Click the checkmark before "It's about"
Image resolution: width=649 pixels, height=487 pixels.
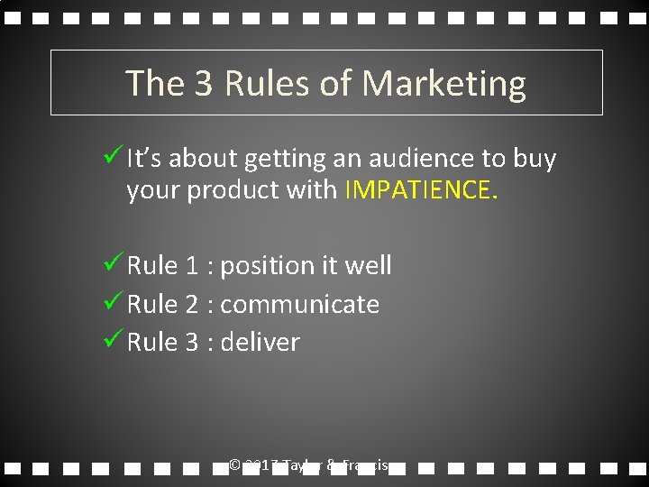(x=114, y=158)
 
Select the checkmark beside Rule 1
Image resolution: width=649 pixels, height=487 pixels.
(x=114, y=264)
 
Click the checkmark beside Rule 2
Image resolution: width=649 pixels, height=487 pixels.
(x=114, y=303)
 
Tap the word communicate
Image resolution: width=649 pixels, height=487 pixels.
(x=299, y=305)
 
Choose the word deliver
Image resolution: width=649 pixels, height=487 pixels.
(x=260, y=343)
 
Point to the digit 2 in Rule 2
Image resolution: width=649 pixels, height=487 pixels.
(x=191, y=305)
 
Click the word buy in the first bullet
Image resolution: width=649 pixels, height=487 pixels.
(x=535, y=160)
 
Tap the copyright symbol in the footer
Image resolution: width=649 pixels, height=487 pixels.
(x=234, y=465)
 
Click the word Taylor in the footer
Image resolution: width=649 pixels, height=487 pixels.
(x=302, y=465)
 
